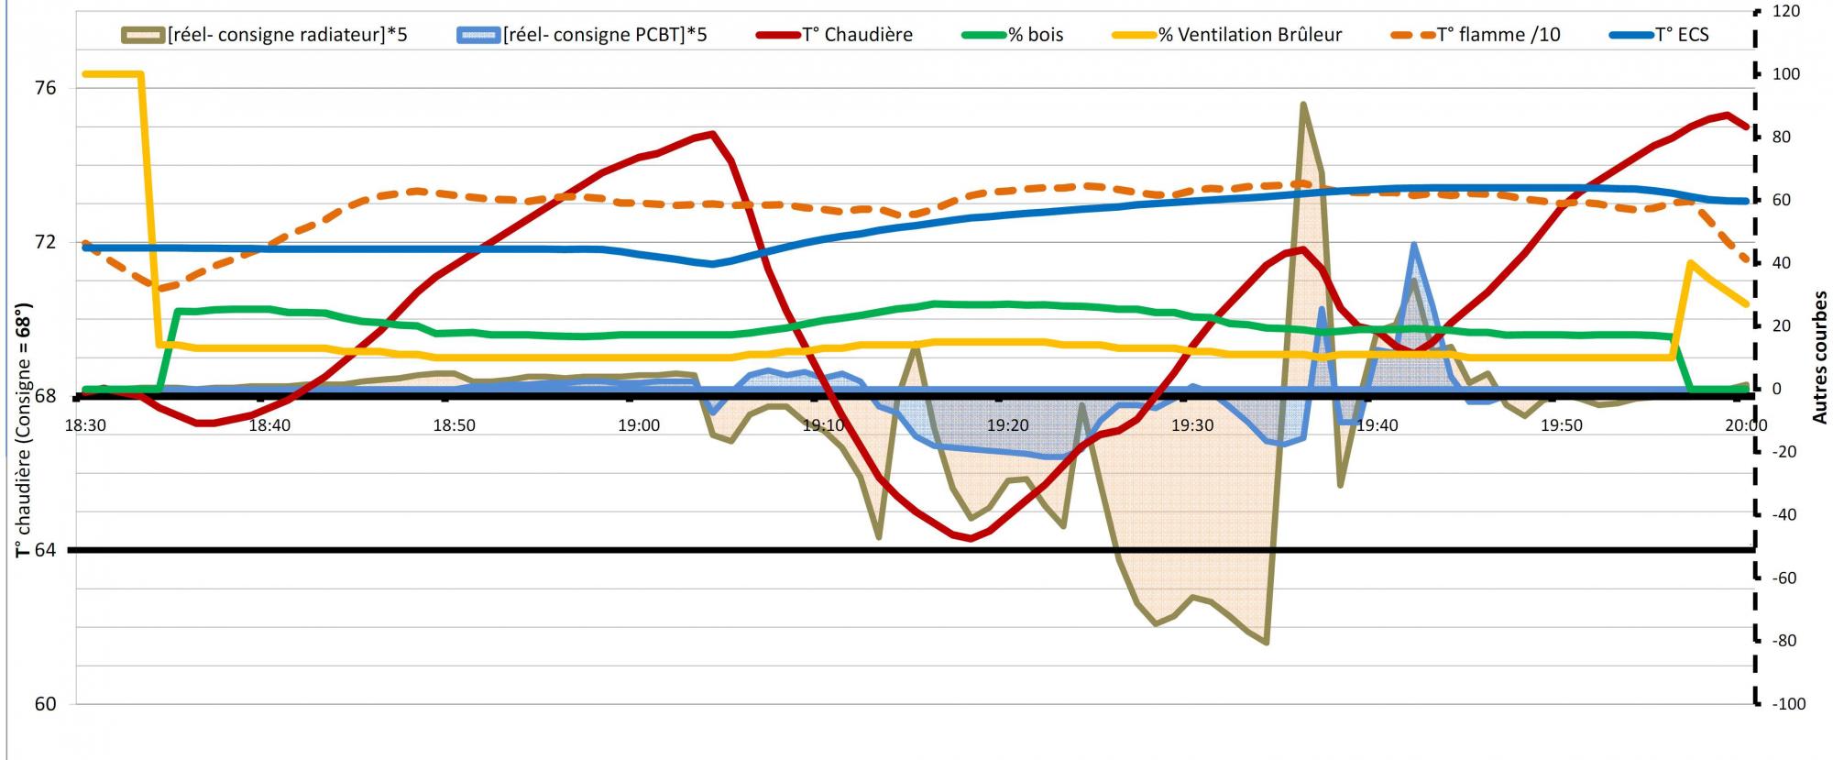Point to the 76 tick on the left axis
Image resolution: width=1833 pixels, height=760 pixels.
[x=46, y=88]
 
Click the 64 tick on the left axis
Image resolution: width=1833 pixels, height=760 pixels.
[x=46, y=550]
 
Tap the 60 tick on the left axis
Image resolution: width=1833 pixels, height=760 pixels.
[x=46, y=704]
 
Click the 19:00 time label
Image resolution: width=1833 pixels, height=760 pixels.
[x=639, y=425]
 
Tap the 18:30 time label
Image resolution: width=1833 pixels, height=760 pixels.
[x=85, y=425]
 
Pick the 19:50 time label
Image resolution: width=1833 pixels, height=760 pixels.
[x=1561, y=425]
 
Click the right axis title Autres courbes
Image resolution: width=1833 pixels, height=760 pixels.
[x=1819, y=358]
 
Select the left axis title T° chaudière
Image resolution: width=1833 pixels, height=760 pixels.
[x=22, y=431]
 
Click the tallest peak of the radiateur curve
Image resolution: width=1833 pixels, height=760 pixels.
[x=1302, y=104]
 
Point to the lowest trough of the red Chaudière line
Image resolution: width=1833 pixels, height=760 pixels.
[x=971, y=539]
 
